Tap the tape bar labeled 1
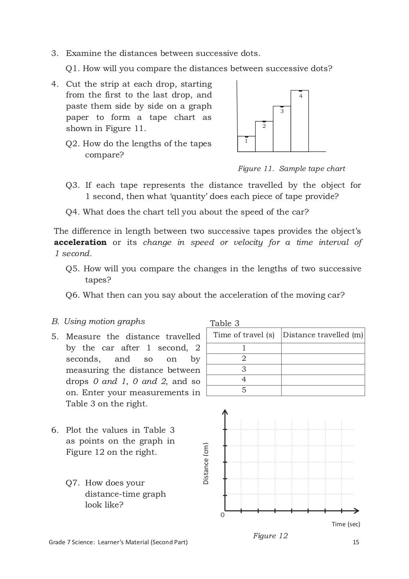tap(246, 144)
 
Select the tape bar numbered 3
tap(282, 129)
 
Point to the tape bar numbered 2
tap(264, 136)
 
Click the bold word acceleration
tap(80, 243)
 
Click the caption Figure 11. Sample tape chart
tap(291, 169)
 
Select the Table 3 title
tap(224, 323)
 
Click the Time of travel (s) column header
tap(244, 335)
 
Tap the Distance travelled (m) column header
tap(323, 335)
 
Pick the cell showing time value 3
tap(244, 369)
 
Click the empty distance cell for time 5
tap(323, 390)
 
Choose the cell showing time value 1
tap(244, 348)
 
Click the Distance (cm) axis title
tap(206, 464)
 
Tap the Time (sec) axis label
tap(346, 524)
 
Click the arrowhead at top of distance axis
tap(225, 412)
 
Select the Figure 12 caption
tap(270, 536)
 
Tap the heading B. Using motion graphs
tap(98, 322)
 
